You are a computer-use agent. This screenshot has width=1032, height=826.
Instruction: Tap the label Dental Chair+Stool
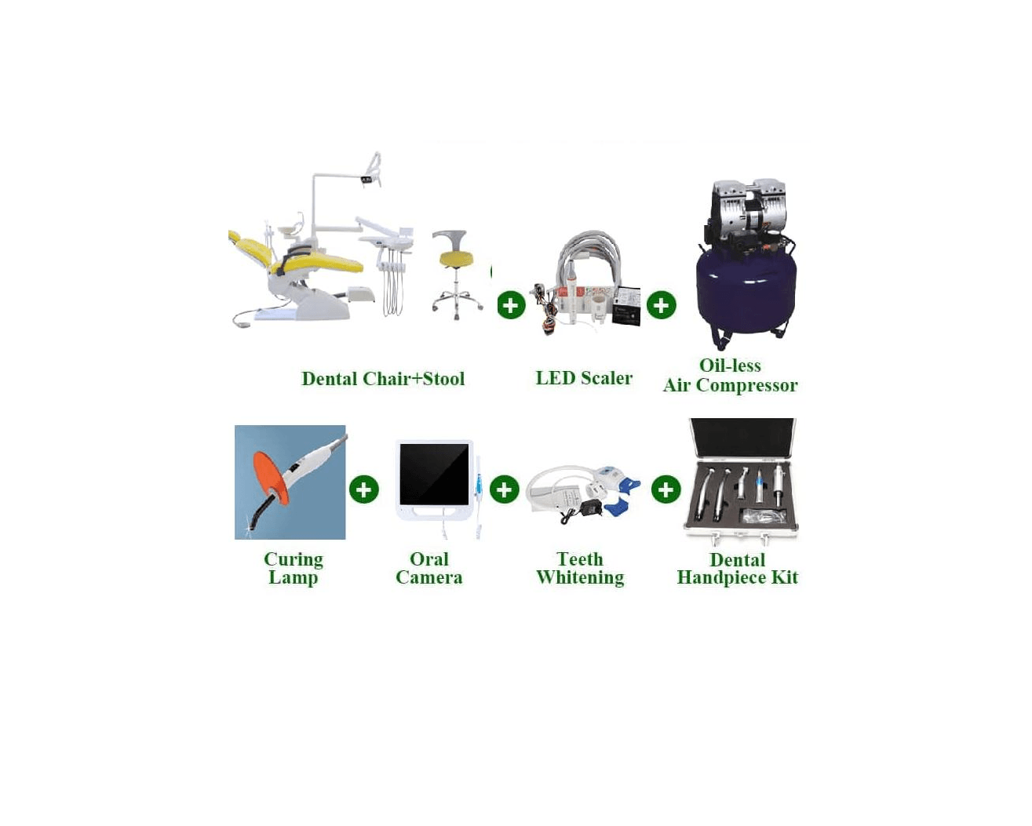tap(383, 379)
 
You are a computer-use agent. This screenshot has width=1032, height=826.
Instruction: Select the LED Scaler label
tap(584, 378)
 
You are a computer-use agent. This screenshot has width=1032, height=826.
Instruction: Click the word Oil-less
tap(729, 366)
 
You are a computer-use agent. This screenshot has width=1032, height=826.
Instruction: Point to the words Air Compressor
tap(730, 385)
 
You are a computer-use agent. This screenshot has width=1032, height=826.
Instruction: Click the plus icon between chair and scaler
tap(511, 305)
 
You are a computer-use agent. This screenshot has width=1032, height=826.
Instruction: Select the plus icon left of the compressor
tap(662, 305)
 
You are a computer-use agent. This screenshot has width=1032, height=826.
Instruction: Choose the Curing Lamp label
tap(294, 568)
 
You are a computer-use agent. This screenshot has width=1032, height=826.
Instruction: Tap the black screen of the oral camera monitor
tap(434, 474)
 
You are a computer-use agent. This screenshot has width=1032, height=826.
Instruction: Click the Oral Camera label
tap(429, 568)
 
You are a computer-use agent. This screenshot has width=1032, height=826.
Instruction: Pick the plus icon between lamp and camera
tap(364, 489)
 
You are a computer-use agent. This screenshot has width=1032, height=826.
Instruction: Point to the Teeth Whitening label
tap(580, 568)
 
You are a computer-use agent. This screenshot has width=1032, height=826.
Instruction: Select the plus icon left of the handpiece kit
tap(666, 489)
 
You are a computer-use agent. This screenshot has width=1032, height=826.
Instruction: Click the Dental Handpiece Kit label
tap(738, 568)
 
